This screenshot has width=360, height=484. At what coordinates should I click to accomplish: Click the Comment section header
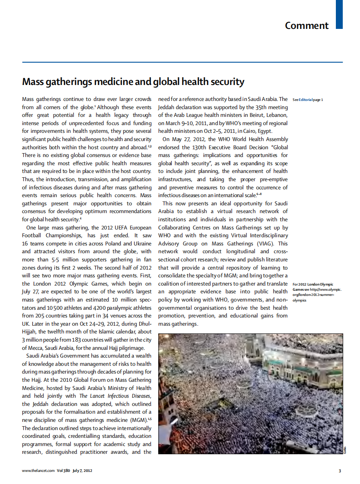point(307,25)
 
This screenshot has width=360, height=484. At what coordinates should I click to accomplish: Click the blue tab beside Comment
point(339,14)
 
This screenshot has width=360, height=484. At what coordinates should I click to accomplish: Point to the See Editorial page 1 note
point(307,100)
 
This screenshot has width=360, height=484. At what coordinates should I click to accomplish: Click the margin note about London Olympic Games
point(316,292)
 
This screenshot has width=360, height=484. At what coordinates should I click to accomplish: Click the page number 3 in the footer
point(340,471)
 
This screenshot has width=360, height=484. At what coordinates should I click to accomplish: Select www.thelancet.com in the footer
point(38,471)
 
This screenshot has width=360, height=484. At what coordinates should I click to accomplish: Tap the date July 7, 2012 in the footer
point(82,471)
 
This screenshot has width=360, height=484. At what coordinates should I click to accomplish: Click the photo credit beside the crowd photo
point(346,449)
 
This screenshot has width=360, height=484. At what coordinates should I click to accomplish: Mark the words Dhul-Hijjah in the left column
point(142,324)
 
